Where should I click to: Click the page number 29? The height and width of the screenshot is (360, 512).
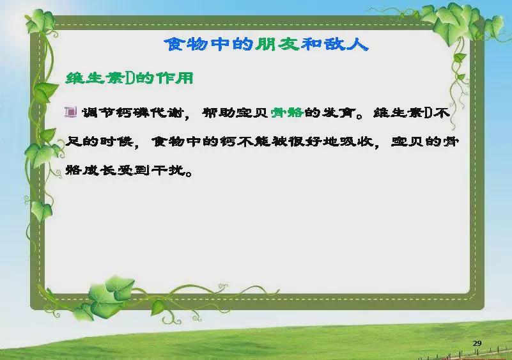[477, 343]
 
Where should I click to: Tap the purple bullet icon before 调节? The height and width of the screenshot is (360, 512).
[70, 112]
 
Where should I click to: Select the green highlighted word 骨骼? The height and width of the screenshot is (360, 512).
[288, 113]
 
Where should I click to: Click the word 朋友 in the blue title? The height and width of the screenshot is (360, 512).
[277, 44]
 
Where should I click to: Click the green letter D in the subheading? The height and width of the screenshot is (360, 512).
[129, 79]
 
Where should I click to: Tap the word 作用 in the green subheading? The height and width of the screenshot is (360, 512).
[175, 79]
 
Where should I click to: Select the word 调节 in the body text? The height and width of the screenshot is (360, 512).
[98, 113]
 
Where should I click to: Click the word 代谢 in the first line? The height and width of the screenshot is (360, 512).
[167, 113]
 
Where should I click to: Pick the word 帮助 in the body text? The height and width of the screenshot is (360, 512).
[219, 113]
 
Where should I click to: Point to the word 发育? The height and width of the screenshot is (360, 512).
[339, 113]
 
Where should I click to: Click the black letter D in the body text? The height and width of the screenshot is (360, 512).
[428, 113]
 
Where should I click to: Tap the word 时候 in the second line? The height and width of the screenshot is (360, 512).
[116, 141]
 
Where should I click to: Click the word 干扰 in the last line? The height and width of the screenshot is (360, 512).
[168, 170]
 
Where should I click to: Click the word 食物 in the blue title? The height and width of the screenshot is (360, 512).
[186, 44]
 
